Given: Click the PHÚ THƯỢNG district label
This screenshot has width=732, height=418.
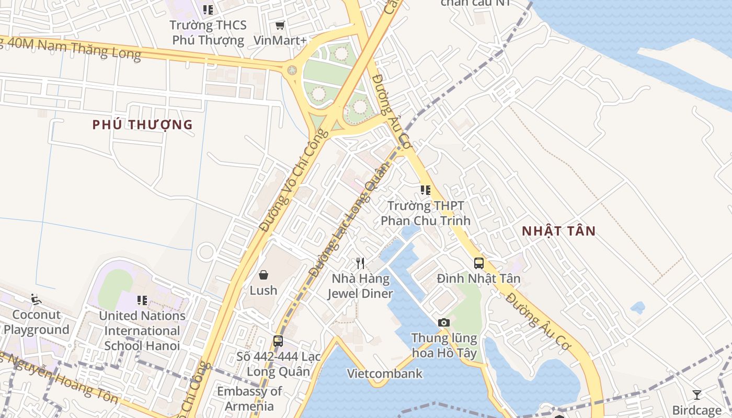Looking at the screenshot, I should (x=142, y=124).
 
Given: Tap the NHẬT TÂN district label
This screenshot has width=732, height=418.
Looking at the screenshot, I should (x=558, y=231).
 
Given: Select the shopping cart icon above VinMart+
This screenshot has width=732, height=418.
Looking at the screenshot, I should (x=280, y=25).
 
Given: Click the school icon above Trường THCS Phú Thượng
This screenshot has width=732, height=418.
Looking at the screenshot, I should (x=208, y=9).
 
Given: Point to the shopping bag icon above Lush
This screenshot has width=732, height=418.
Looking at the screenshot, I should (x=264, y=274).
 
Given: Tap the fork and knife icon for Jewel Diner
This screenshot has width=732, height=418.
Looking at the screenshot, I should (x=360, y=263).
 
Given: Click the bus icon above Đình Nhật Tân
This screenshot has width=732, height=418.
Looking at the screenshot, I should (x=478, y=263).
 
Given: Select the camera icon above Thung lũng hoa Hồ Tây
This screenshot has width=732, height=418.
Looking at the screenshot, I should (x=444, y=322).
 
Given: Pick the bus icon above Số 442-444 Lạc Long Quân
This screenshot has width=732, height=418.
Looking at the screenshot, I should (x=278, y=341).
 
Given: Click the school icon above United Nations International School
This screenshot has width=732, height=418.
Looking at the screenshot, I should (x=142, y=300).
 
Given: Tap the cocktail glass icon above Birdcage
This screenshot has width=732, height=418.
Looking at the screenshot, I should (x=696, y=394).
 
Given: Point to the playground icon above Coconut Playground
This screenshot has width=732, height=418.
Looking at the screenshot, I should (x=36, y=299).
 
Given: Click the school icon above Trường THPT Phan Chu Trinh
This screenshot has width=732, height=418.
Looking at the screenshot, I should (x=425, y=190).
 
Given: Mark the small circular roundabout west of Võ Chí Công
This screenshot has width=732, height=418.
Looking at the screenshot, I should (x=207, y=252).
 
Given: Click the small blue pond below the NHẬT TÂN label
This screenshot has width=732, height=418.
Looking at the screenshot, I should (x=637, y=308).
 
